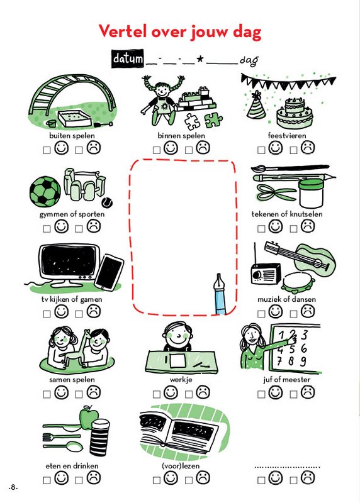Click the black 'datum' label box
[128, 58]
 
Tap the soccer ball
[45, 192]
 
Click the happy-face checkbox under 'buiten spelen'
[47, 150]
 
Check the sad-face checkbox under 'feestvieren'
[293, 150]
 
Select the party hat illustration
[256, 105]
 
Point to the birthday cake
[295, 113]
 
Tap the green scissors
[275, 192]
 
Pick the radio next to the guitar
[265, 274]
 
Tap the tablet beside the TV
[109, 272]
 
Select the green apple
[88, 417]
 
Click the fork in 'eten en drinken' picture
[61, 436]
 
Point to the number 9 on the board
[303, 362]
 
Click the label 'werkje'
[181, 380]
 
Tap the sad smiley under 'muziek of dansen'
[308, 311]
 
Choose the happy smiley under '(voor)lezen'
[171, 478]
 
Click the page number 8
[13, 487]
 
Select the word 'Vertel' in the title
[121, 31]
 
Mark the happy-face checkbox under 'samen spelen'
[47, 394]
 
